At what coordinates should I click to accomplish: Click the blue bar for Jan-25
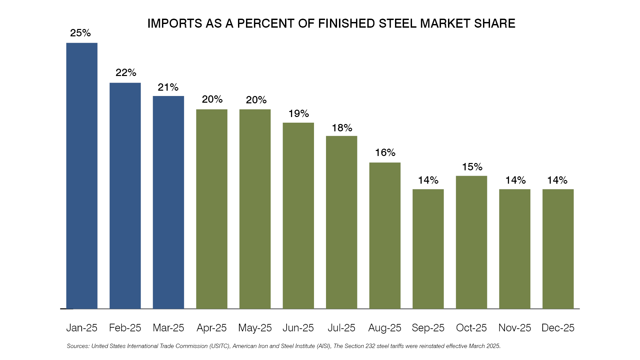click(82, 176)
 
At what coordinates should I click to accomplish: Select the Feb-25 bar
click(125, 196)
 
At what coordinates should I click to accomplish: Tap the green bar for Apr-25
click(212, 209)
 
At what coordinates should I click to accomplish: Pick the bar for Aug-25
click(385, 236)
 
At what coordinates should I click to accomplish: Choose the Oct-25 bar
click(471, 242)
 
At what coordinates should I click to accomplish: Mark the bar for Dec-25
click(558, 249)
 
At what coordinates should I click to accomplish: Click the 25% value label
click(80, 33)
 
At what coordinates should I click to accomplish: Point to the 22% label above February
click(126, 73)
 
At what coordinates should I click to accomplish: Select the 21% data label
click(168, 87)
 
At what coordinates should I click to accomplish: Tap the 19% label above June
click(299, 114)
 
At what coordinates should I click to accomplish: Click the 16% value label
click(385, 153)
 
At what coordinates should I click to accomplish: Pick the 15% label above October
click(472, 167)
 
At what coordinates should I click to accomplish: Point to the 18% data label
click(342, 128)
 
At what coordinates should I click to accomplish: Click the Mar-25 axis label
click(168, 328)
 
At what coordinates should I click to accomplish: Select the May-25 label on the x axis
click(255, 328)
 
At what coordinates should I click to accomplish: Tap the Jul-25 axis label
click(341, 328)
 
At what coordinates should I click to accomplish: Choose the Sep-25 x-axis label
click(428, 328)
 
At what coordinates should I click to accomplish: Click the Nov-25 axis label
click(515, 328)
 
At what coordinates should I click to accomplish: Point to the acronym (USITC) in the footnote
click(220, 346)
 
